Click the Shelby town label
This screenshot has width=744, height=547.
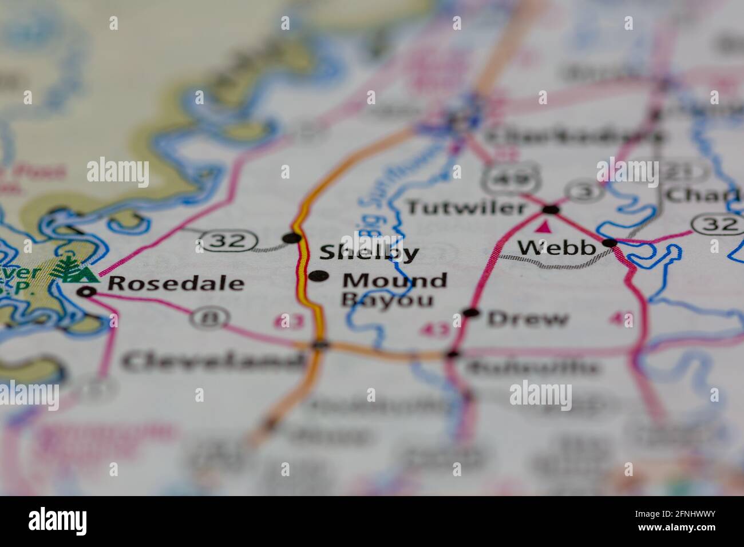(369, 252)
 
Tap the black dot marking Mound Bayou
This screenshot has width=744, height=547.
(318, 276)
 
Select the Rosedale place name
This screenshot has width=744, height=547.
(176, 283)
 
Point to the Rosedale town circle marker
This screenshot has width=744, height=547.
(88, 292)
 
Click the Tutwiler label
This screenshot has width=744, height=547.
(465, 207)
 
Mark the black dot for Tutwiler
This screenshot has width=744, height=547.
(551, 209)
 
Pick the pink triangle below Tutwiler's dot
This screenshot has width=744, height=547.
(545, 227)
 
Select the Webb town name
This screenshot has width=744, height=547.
(556, 247)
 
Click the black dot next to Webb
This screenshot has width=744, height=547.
(610, 243)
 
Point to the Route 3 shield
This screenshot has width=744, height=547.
(583, 191)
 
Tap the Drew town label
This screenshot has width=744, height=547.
(528, 319)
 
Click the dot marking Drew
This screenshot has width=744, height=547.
(472, 312)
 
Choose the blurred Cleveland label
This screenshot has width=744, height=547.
(213, 360)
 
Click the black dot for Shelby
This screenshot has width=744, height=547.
(292, 237)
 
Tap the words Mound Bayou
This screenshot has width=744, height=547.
(394, 290)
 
